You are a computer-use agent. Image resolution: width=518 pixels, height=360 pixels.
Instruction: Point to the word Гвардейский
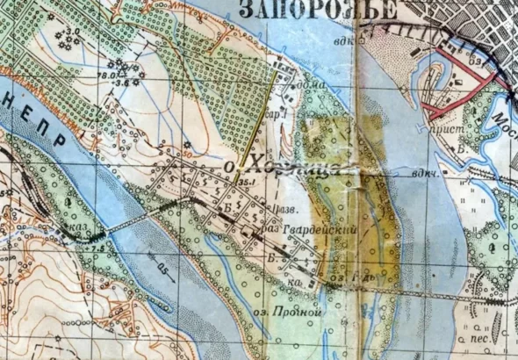307,227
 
